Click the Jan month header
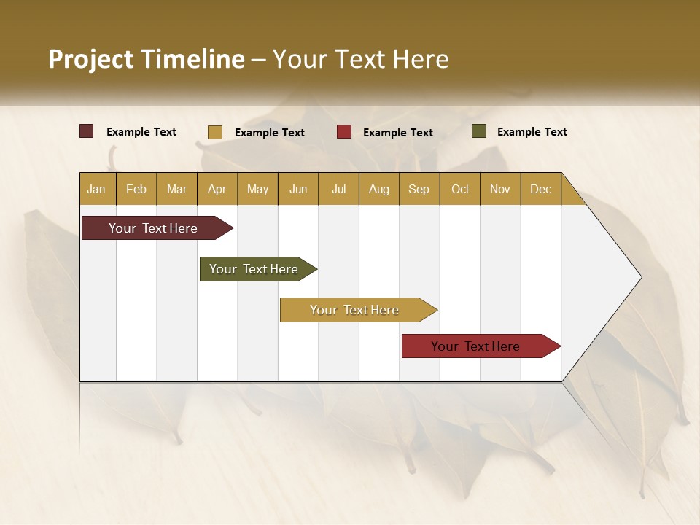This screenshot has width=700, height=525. click(96, 189)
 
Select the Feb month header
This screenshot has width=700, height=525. click(136, 189)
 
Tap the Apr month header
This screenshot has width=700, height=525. click(217, 189)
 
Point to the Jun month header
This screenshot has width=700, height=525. click(298, 189)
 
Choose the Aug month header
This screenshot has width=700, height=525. click(378, 189)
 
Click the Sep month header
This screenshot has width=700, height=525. click(419, 189)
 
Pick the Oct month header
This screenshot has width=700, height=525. click(460, 189)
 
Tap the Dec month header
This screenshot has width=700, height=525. click(540, 189)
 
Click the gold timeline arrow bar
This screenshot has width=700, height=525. click(355, 310)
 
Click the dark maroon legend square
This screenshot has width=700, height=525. click(87, 131)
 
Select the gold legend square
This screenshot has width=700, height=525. click(214, 132)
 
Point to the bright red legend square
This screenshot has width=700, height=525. click(344, 132)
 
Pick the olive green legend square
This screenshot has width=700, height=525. click(478, 131)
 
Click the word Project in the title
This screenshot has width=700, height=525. click(90, 59)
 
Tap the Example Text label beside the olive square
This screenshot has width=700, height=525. click(532, 132)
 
